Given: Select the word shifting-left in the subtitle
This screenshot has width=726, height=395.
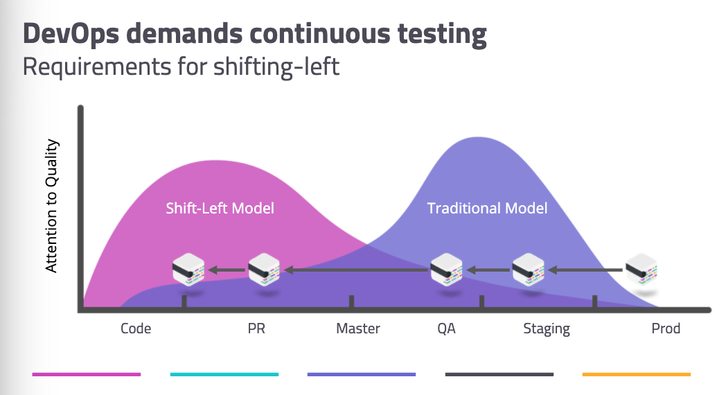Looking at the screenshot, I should [280, 67].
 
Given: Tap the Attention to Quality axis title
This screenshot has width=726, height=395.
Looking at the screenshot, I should [52, 206].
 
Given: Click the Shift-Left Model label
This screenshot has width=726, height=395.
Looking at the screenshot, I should [220, 208].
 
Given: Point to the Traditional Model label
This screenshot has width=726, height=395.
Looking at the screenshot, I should [487, 208].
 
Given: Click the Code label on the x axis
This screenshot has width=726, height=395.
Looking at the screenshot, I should [136, 328].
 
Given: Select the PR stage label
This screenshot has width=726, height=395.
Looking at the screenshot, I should [256, 328].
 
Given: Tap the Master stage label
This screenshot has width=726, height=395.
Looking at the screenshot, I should [358, 328].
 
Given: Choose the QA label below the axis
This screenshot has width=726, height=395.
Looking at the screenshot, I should [446, 328].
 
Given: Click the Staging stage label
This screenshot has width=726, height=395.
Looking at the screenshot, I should [547, 328].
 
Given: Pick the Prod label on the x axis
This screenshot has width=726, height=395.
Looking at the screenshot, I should [666, 328].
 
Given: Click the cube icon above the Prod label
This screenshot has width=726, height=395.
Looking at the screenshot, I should [641, 270].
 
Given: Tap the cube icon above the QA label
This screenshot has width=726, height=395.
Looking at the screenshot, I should [446, 270].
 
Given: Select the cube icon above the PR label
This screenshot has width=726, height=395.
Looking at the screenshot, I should [264, 270].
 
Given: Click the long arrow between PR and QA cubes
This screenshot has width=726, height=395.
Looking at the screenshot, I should [357, 270].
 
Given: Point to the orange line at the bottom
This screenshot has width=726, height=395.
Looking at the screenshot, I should [636, 374].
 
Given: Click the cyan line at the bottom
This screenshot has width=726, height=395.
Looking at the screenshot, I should [224, 374].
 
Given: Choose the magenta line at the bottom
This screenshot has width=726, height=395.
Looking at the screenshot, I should [87, 374].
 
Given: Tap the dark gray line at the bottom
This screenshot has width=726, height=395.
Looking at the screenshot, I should [499, 374].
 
